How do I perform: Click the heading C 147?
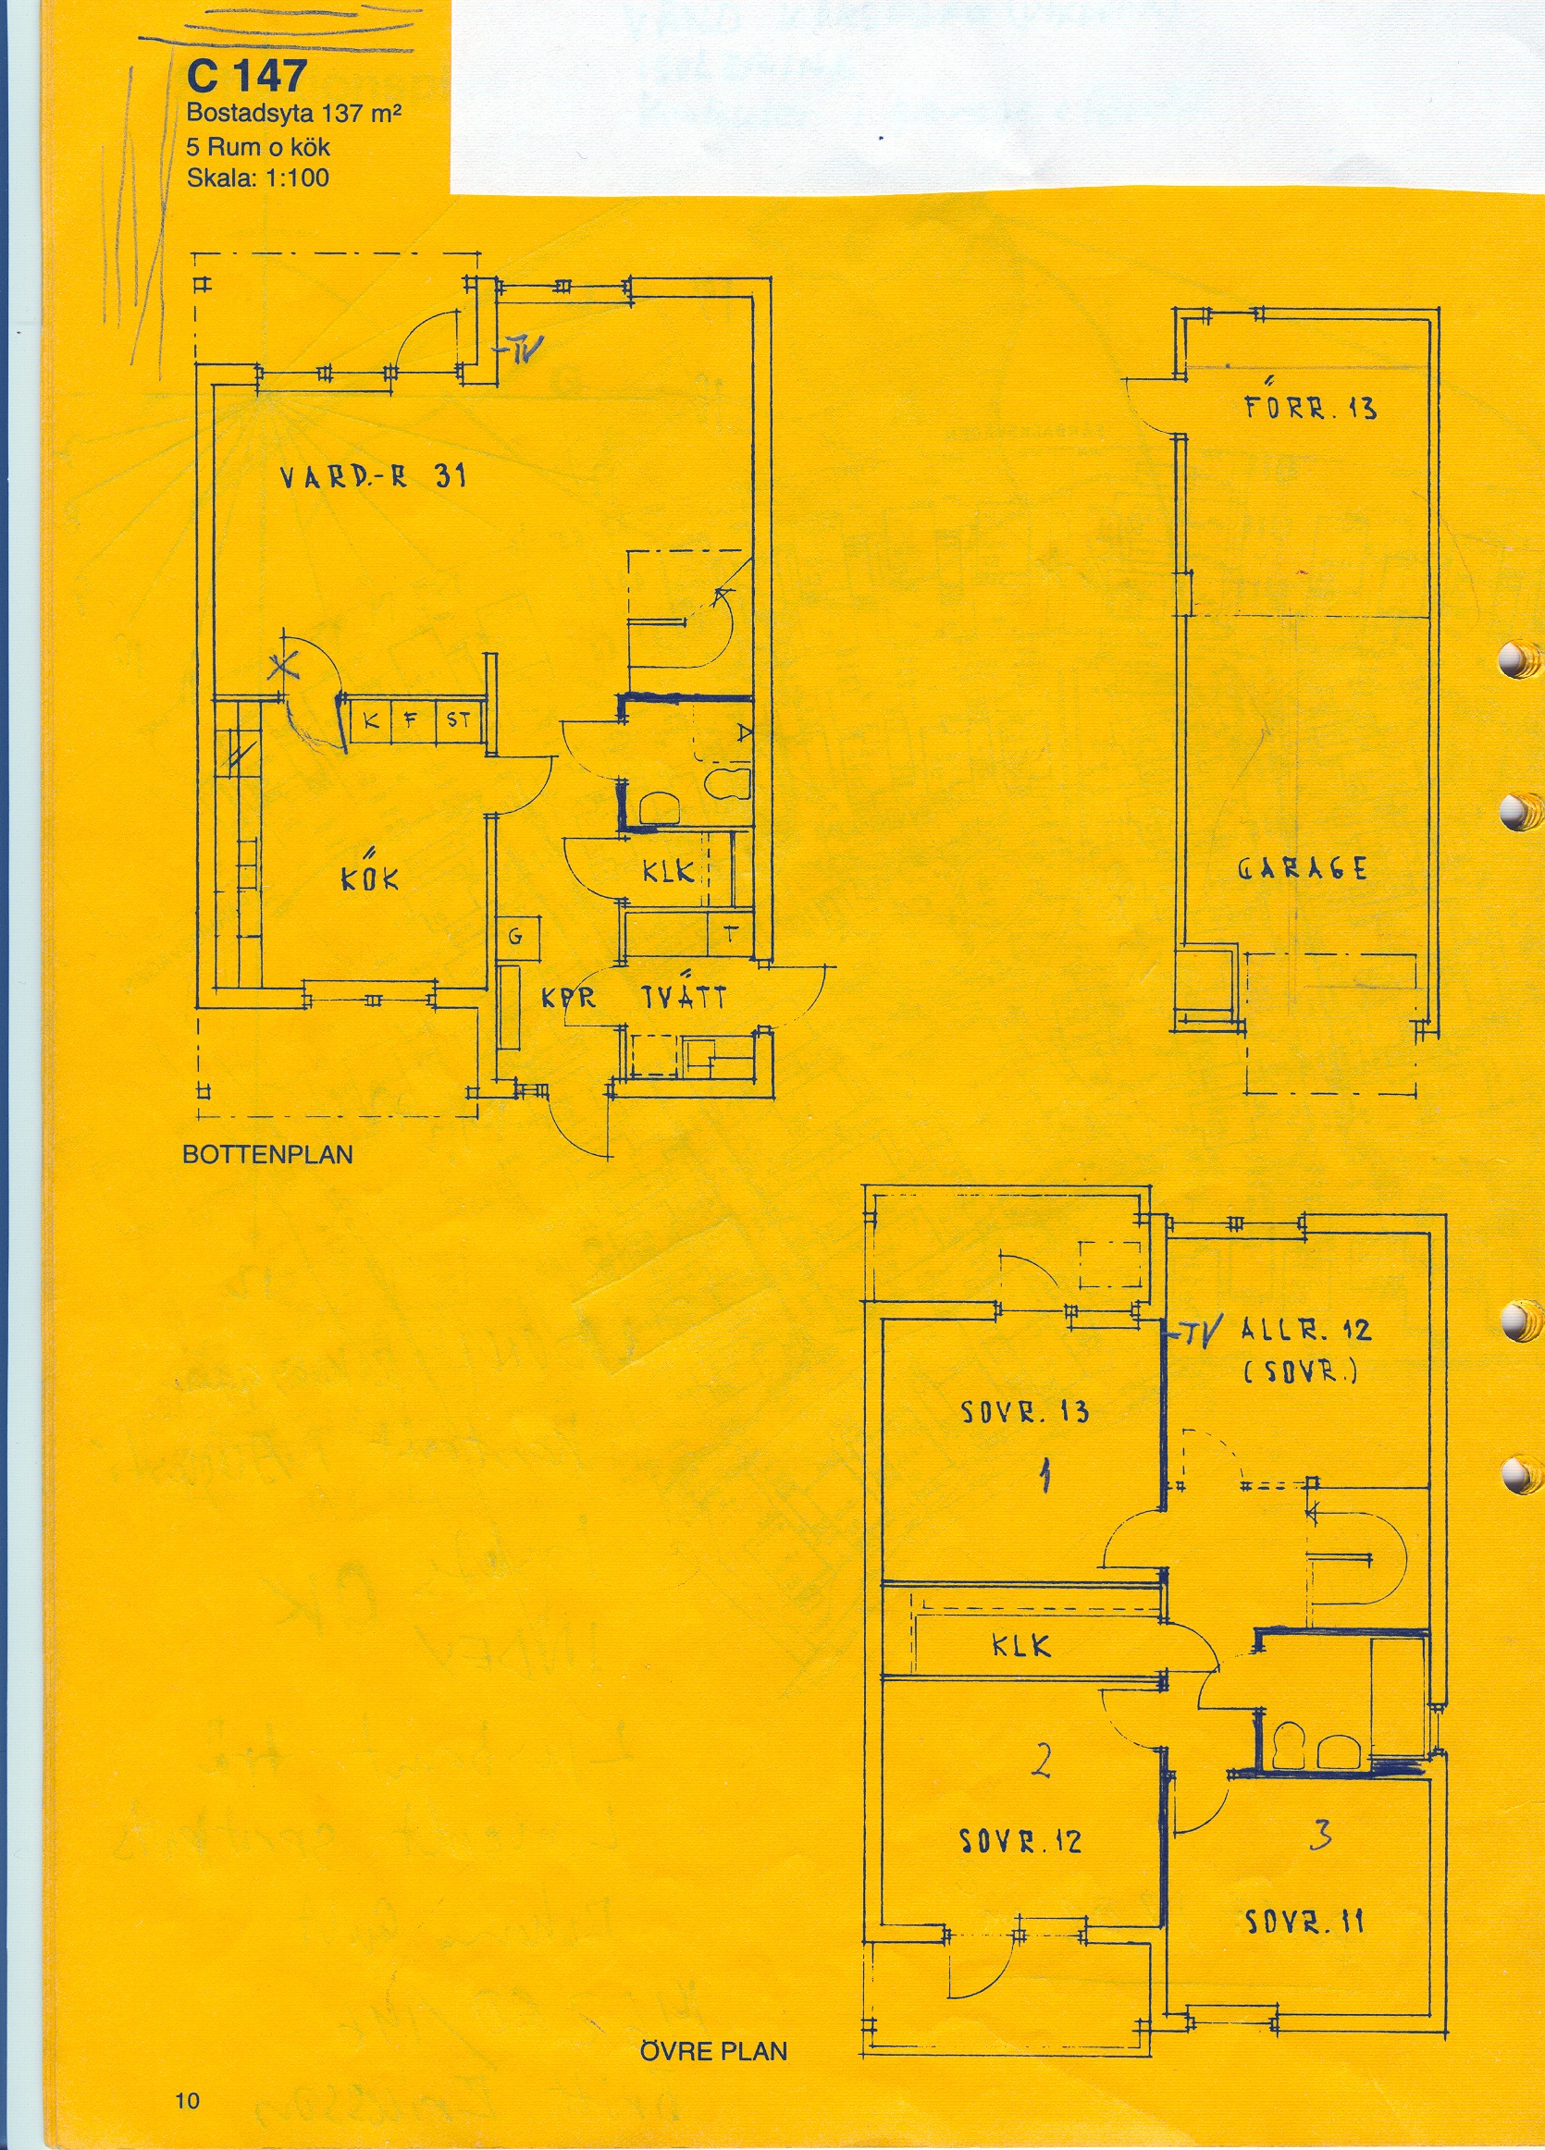pyautogui.click(x=247, y=75)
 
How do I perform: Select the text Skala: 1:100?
pyautogui.click(x=258, y=178)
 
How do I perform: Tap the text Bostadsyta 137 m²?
pyautogui.click(x=294, y=114)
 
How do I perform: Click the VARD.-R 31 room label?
pyautogui.click(x=373, y=476)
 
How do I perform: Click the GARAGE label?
pyautogui.click(x=1303, y=869)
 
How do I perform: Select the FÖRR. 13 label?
pyautogui.click(x=1310, y=408)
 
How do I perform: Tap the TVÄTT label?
pyautogui.click(x=684, y=997)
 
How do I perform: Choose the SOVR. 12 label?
pyautogui.click(x=1020, y=1841)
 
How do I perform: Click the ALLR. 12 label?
pyautogui.click(x=1305, y=1330)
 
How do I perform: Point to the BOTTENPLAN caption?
pyautogui.click(x=267, y=1155)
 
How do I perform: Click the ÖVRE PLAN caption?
pyautogui.click(x=713, y=2051)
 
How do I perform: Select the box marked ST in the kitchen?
pyautogui.click(x=459, y=720)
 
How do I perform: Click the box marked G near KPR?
pyautogui.click(x=516, y=937)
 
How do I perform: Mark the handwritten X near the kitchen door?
pyautogui.click(x=280, y=668)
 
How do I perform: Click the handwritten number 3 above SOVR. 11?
pyautogui.click(x=1319, y=1808)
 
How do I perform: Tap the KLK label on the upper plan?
pyautogui.click(x=1021, y=1646)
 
